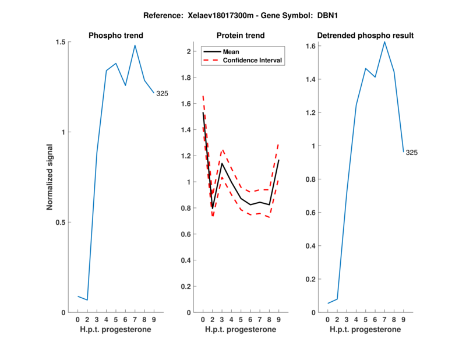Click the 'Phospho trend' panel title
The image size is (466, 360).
[116, 36]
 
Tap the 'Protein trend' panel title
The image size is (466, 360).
[241, 36]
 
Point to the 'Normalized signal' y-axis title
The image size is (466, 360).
[50, 177]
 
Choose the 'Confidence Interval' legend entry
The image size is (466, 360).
[253, 60]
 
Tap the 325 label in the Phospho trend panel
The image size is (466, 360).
[162, 93]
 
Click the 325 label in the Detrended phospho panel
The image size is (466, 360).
[411, 153]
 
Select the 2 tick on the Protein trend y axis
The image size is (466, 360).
[189, 51]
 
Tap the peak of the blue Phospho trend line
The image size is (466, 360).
[135, 45]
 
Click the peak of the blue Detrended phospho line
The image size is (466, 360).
[384, 41]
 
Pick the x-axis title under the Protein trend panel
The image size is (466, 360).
[241, 330]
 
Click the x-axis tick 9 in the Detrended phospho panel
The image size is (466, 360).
[403, 320]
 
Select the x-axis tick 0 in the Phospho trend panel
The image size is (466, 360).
[78, 320]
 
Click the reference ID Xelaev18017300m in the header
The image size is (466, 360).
[224, 13]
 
